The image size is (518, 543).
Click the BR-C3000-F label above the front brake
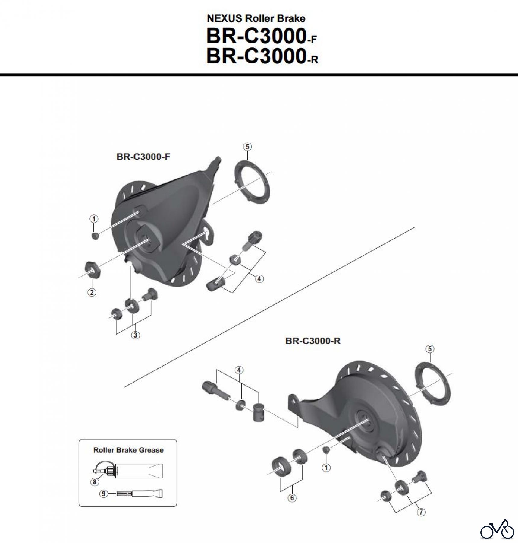[x=143, y=157]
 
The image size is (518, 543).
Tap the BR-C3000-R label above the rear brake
[x=313, y=341]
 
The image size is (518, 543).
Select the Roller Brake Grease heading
[x=128, y=450]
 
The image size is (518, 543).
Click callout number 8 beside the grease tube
[x=95, y=482]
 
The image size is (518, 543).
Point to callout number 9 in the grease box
[x=104, y=494]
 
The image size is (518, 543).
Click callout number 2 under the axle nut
[x=92, y=292]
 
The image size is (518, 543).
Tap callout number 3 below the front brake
[x=135, y=335]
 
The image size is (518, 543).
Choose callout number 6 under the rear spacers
[x=292, y=498]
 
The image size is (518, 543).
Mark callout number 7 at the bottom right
[x=421, y=512]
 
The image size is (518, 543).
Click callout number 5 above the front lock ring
[x=247, y=147]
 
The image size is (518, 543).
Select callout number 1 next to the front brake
[x=94, y=219]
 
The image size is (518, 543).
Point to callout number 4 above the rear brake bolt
[x=239, y=370]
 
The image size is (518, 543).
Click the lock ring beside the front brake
[x=252, y=183]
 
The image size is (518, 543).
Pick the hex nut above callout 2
[x=93, y=269]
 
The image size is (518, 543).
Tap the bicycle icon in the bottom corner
[x=497, y=529]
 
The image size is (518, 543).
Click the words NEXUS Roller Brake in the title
[x=256, y=18]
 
